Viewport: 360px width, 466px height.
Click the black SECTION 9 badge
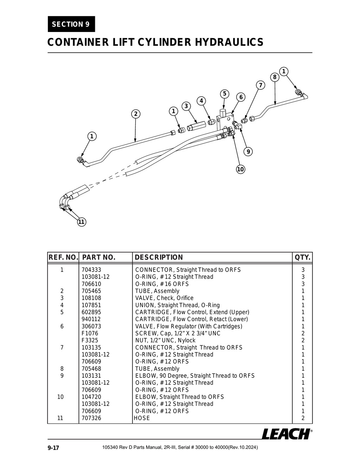click(x=71, y=24)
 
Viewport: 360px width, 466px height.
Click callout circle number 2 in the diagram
click(x=136, y=114)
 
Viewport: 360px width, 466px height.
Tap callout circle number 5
click(x=225, y=94)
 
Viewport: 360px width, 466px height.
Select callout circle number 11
click(x=81, y=222)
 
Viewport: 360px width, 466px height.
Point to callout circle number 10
click(x=240, y=169)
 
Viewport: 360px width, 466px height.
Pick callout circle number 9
click(x=248, y=152)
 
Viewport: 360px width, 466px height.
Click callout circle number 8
click(x=275, y=77)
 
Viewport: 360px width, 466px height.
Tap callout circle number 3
click(x=186, y=106)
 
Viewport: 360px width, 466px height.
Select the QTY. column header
click(x=302, y=257)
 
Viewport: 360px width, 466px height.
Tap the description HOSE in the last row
click(x=142, y=418)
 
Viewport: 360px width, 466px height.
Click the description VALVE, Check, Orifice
click(x=164, y=298)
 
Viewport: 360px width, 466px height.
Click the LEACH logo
click(x=286, y=434)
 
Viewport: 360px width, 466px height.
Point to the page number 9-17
click(x=53, y=448)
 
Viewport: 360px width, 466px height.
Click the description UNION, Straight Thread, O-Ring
click(x=177, y=305)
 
